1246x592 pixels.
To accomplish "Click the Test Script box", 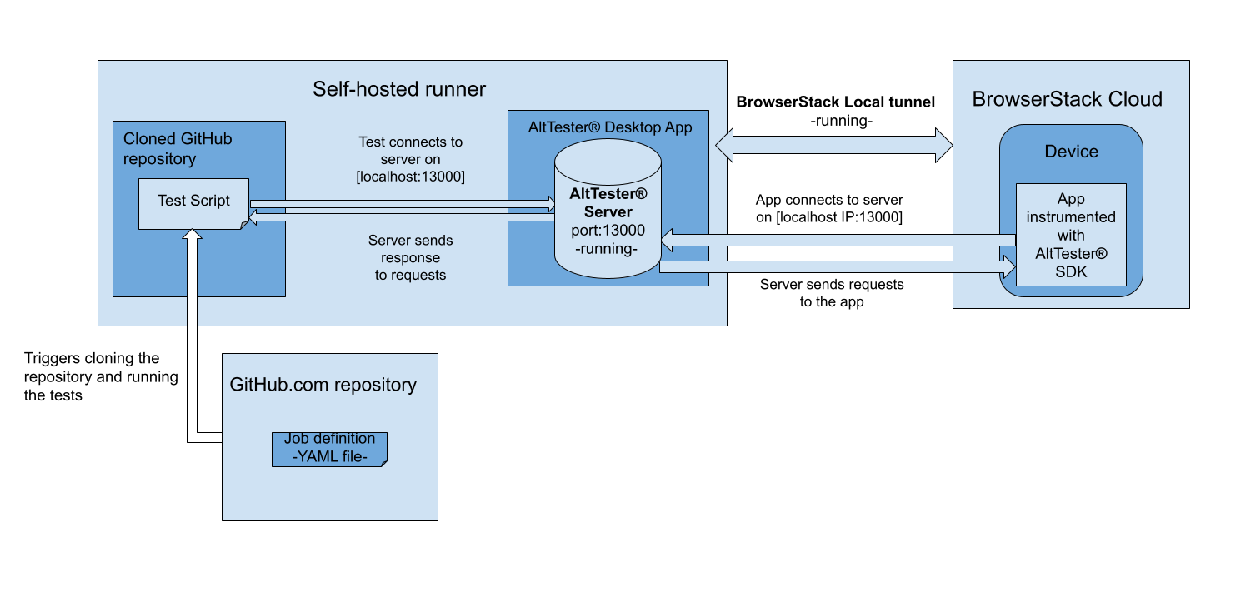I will coord(193,202).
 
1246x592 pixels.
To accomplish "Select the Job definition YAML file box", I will coord(329,448).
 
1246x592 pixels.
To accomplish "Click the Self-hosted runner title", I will coord(399,89).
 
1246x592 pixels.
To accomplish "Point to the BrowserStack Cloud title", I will coord(1067,100).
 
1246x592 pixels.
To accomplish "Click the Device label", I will coord(1071,152).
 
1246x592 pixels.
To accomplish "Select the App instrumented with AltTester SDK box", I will coord(1071,235).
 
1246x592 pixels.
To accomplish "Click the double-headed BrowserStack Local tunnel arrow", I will coord(834,145).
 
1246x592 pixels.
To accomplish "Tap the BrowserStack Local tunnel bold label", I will coord(835,102).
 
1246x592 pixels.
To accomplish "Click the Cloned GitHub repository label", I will coord(178,148).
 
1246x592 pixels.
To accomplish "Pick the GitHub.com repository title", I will coord(323,385).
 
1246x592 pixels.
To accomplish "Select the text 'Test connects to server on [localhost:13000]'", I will coord(410,159).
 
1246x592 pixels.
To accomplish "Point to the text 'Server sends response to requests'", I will coord(410,257).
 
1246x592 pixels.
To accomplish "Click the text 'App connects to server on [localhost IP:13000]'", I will coord(829,208).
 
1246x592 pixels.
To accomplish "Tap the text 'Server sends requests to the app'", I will coord(831,293).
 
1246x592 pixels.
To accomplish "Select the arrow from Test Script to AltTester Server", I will coord(400,203).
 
